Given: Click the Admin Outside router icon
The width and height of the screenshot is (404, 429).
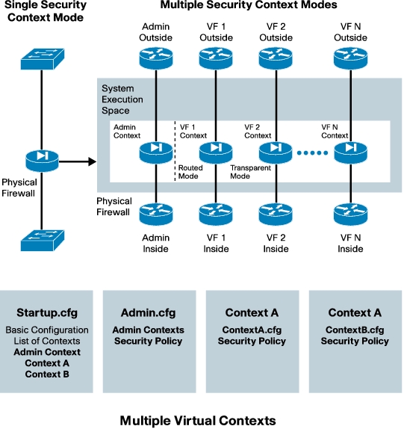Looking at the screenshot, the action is (x=156, y=58).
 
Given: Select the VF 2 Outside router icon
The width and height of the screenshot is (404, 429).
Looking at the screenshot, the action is (x=276, y=58).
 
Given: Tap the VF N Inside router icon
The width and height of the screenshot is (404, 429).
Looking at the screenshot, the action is (x=350, y=214).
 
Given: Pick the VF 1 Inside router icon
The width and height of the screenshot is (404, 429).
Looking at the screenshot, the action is (x=216, y=214).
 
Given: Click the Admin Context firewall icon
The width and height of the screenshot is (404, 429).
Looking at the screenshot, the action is (x=156, y=152).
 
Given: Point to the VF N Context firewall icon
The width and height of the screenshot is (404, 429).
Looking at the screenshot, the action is (x=350, y=152).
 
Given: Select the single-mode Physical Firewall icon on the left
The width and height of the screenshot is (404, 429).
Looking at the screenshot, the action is (x=42, y=161).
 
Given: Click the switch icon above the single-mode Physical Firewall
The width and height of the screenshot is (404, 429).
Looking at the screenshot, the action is (x=43, y=59).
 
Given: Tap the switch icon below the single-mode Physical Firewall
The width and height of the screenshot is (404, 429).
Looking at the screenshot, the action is (x=43, y=241).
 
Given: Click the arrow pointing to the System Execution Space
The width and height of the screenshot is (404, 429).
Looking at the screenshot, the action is (x=78, y=161).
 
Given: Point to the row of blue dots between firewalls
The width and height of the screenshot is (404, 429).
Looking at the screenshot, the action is (x=312, y=153).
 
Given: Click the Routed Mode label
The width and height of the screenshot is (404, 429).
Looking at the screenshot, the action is (x=190, y=172).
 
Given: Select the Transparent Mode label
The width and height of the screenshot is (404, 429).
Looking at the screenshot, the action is (x=250, y=172).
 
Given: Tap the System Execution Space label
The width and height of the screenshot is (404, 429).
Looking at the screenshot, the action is (x=122, y=99).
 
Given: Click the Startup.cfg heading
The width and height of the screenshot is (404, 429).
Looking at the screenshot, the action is (x=47, y=312).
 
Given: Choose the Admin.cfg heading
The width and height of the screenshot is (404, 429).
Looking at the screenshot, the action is (x=148, y=312).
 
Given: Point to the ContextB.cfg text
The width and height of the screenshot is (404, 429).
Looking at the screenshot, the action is (x=355, y=330).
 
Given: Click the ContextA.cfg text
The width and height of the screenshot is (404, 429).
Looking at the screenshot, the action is (x=252, y=330).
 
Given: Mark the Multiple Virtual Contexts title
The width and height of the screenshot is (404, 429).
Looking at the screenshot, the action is (x=198, y=421).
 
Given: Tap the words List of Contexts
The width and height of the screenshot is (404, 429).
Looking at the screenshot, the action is (x=47, y=341).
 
